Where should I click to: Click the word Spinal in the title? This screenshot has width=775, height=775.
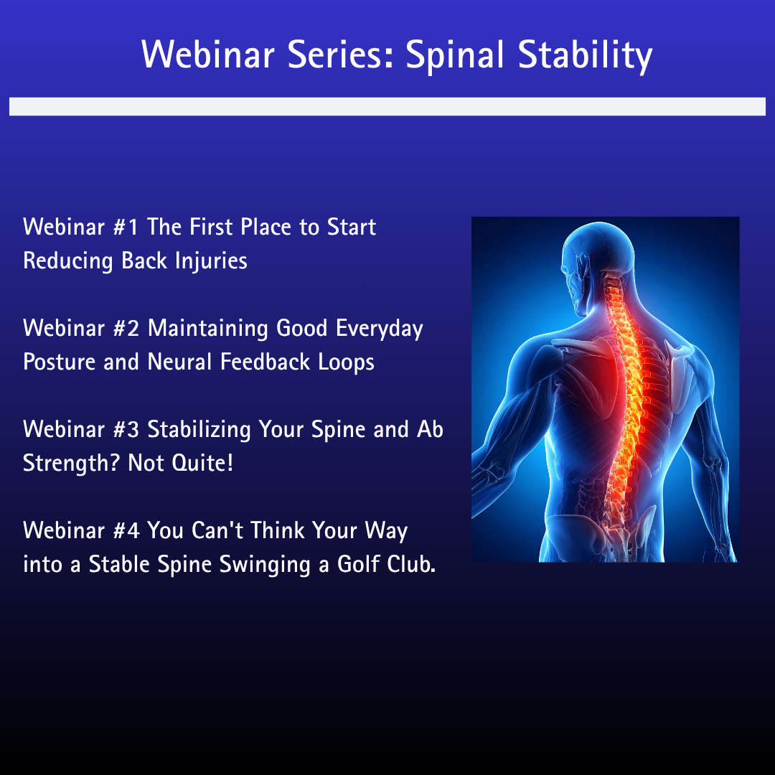tap(455, 55)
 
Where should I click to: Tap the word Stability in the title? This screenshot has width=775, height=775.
tap(586, 55)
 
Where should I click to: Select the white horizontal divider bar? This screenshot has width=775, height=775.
tap(387, 106)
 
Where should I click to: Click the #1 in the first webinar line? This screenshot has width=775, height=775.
tap(126, 227)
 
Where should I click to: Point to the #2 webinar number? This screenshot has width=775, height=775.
tap(126, 329)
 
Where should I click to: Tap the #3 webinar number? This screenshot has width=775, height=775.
tap(126, 430)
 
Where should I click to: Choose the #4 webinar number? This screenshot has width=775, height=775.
tap(126, 531)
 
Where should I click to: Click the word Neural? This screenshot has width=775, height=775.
tap(179, 362)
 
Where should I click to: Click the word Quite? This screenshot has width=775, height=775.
tap(202, 464)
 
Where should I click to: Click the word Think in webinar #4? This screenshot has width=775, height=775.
tap(278, 530)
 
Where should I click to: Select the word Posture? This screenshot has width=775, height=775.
tap(60, 362)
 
